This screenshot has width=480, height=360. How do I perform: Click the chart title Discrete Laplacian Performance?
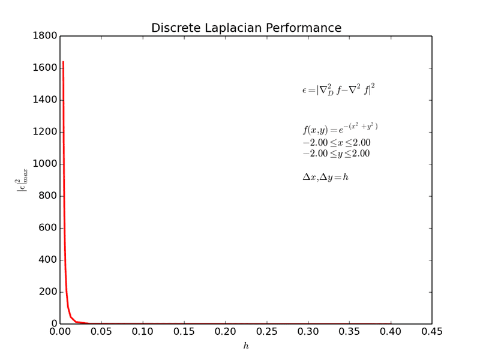click(246, 28)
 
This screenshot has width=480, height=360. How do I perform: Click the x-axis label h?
click(245, 346)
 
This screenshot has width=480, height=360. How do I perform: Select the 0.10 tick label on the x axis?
click(142, 332)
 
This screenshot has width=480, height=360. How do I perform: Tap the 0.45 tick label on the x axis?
click(431, 332)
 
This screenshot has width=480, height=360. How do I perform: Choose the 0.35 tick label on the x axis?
click(349, 332)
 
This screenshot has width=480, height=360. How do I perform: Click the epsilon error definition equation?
click(338, 90)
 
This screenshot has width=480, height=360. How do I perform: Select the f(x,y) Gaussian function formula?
click(340, 129)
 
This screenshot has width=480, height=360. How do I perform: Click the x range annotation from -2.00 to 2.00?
click(336, 143)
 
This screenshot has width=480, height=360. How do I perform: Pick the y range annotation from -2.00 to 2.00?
click(336, 154)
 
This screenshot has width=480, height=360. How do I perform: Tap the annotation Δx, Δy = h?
click(325, 178)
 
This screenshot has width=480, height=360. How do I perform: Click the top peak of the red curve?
click(63, 62)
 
